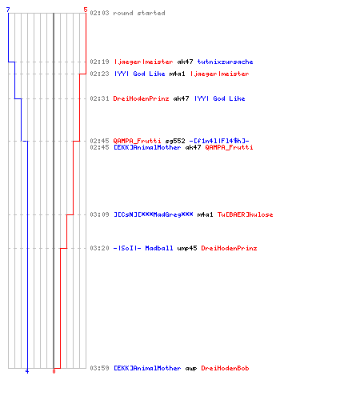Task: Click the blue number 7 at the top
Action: [8, 10]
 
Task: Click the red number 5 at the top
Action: [86, 10]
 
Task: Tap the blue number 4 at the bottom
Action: [27, 371]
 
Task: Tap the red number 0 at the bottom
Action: [54, 371]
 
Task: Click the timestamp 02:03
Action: [99, 13]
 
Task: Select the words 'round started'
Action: [139, 13]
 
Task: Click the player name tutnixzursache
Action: [225, 62]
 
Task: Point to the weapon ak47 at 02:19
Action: [185, 62]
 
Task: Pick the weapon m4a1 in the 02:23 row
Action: [177, 74]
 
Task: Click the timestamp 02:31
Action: [99, 98]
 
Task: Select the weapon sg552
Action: [175, 141]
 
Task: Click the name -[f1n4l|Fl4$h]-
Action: [219, 141]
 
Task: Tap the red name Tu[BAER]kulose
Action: [245, 214]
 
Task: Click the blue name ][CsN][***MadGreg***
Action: [154, 214]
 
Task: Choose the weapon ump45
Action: [187, 248]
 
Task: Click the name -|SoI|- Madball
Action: [143, 248]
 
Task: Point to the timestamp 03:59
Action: [99, 368]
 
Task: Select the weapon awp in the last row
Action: [191, 369]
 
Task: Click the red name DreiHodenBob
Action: [225, 368]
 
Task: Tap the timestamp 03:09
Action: [99, 214]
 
